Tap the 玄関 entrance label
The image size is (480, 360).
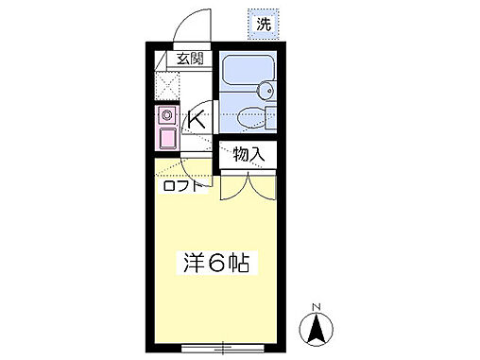coord(190,59)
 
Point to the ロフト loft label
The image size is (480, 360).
coord(182,185)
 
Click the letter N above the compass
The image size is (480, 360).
coord(317,306)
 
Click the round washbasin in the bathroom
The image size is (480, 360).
coord(265,92)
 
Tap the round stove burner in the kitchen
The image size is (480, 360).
coord(166,116)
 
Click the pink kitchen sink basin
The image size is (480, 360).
coord(166,139)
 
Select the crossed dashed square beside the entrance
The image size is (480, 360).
coord(165,88)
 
